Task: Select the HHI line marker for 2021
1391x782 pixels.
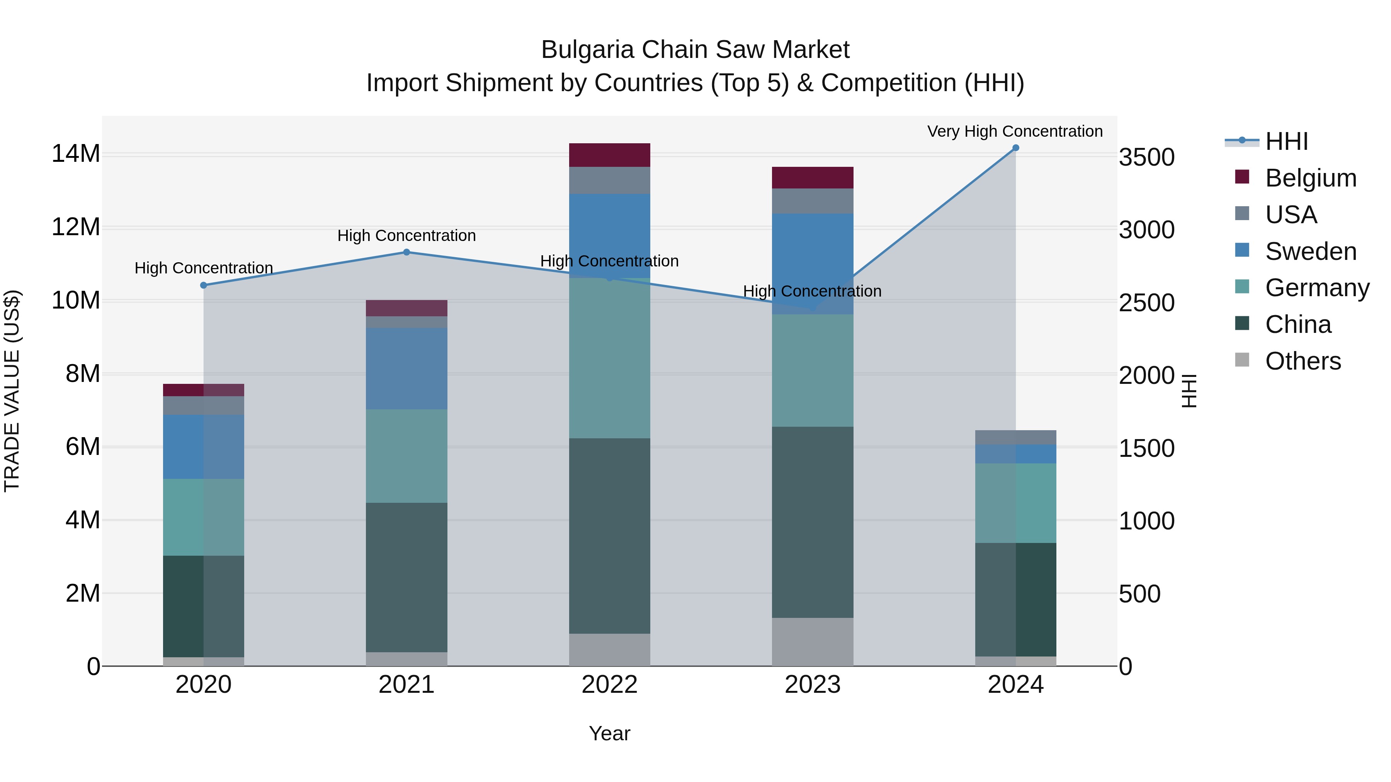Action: click(x=406, y=252)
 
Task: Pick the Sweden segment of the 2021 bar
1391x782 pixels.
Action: click(x=406, y=369)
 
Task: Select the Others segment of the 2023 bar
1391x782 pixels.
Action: click(x=812, y=642)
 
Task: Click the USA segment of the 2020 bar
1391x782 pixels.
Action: click(x=204, y=405)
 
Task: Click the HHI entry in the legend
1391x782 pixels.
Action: click(x=1286, y=141)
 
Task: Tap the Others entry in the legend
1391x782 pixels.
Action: click(x=1303, y=361)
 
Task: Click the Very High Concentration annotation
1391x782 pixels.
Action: click(x=1015, y=131)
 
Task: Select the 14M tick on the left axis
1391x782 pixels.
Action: click(x=76, y=154)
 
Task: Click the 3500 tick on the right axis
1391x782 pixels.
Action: click(x=1146, y=158)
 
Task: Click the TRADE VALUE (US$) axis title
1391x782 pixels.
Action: click(x=12, y=391)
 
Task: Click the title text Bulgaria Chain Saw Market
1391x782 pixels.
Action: click(x=695, y=50)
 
